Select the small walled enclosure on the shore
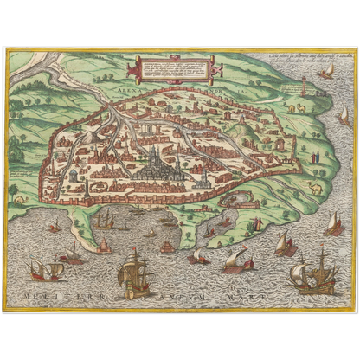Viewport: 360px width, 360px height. tap(233, 198)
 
